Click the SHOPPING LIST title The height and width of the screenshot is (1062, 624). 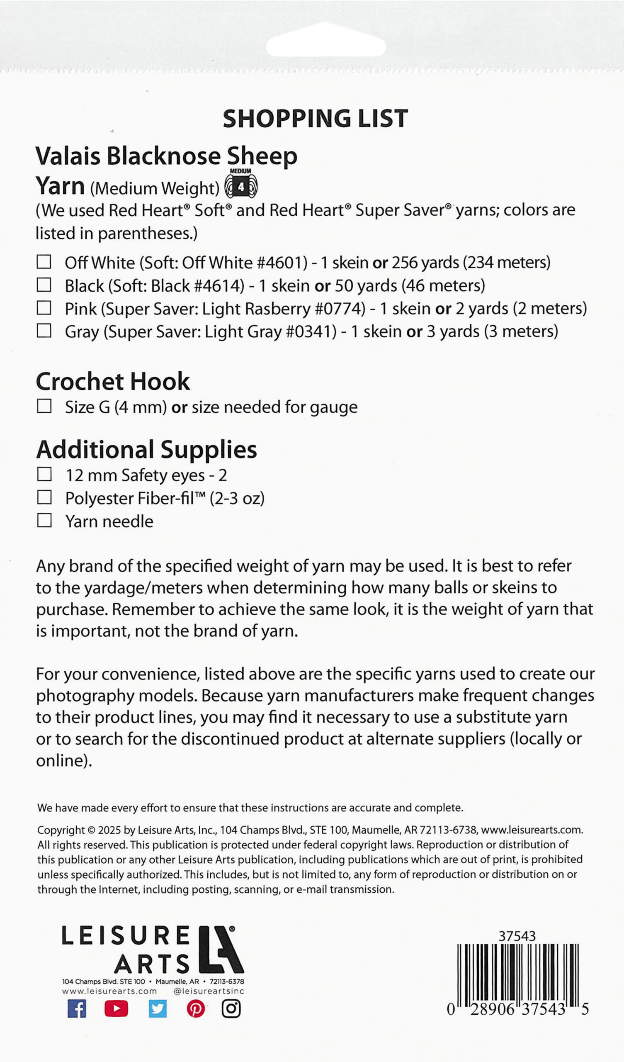click(x=315, y=118)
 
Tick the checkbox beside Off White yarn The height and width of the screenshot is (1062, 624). click(x=44, y=262)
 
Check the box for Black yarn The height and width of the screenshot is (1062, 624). click(x=44, y=285)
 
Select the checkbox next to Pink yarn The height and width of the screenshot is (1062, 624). click(x=44, y=308)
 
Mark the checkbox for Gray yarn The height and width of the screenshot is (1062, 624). click(x=44, y=331)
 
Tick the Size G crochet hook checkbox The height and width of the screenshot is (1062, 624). click(x=44, y=406)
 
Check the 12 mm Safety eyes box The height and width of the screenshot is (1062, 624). click(x=44, y=474)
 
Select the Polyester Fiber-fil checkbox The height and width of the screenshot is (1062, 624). click(x=44, y=497)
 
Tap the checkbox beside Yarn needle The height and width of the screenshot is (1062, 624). click(x=44, y=521)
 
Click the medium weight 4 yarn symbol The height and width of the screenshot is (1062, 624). click(x=241, y=185)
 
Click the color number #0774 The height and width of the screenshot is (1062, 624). click(x=340, y=309)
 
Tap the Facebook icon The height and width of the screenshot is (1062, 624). click(x=77, y=1009)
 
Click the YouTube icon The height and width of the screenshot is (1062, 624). click(x=116, y=1009)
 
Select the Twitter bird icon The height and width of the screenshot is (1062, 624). click(x=158, y=1009)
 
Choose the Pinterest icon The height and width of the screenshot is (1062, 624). click(x=196, y=1009)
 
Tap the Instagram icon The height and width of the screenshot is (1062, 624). click(x=231, y=1009)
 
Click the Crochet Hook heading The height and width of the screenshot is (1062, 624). click(x=113, y=381)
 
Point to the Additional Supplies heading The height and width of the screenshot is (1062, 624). click(x=147, y=449)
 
